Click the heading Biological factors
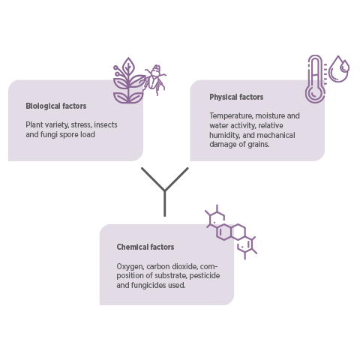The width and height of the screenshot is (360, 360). pyautogui.click(x=56, y=106)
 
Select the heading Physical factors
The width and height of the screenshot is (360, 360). pyautogui.click(x=236, y=97)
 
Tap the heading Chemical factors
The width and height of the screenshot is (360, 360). pyautogui.click(x=145, y=247)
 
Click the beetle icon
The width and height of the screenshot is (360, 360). pyautogui.click(x=155, y=79)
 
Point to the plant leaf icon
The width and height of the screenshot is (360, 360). pyautogui.click(x=128, y=81)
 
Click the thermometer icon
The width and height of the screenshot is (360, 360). pyautogui.click(x=315, y=79)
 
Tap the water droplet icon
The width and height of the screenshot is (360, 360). pyautogui.click(x=339, y=69)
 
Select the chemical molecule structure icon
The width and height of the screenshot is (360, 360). pyautogui.click(x=231, y=232)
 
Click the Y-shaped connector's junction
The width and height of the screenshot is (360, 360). pyautogui.click(x=165, y=191)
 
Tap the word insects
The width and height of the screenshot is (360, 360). pyautogui.click(x=106, y=124)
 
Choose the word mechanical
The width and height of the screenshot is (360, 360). pyautogui.click(x=276, y=135)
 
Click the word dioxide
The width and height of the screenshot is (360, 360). pyautogui.click(x=184, y=266)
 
